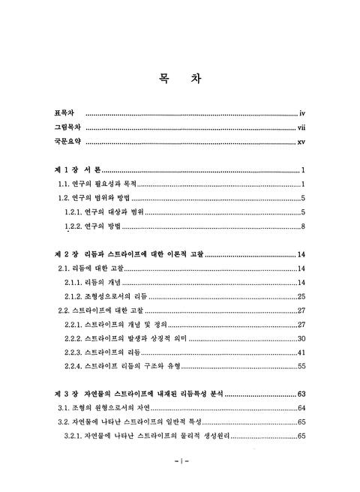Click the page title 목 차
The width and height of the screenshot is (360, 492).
(x=180, y=79)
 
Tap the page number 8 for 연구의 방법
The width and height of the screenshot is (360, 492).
(x=301, y=227)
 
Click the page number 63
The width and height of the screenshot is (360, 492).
(x=300, y=394)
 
